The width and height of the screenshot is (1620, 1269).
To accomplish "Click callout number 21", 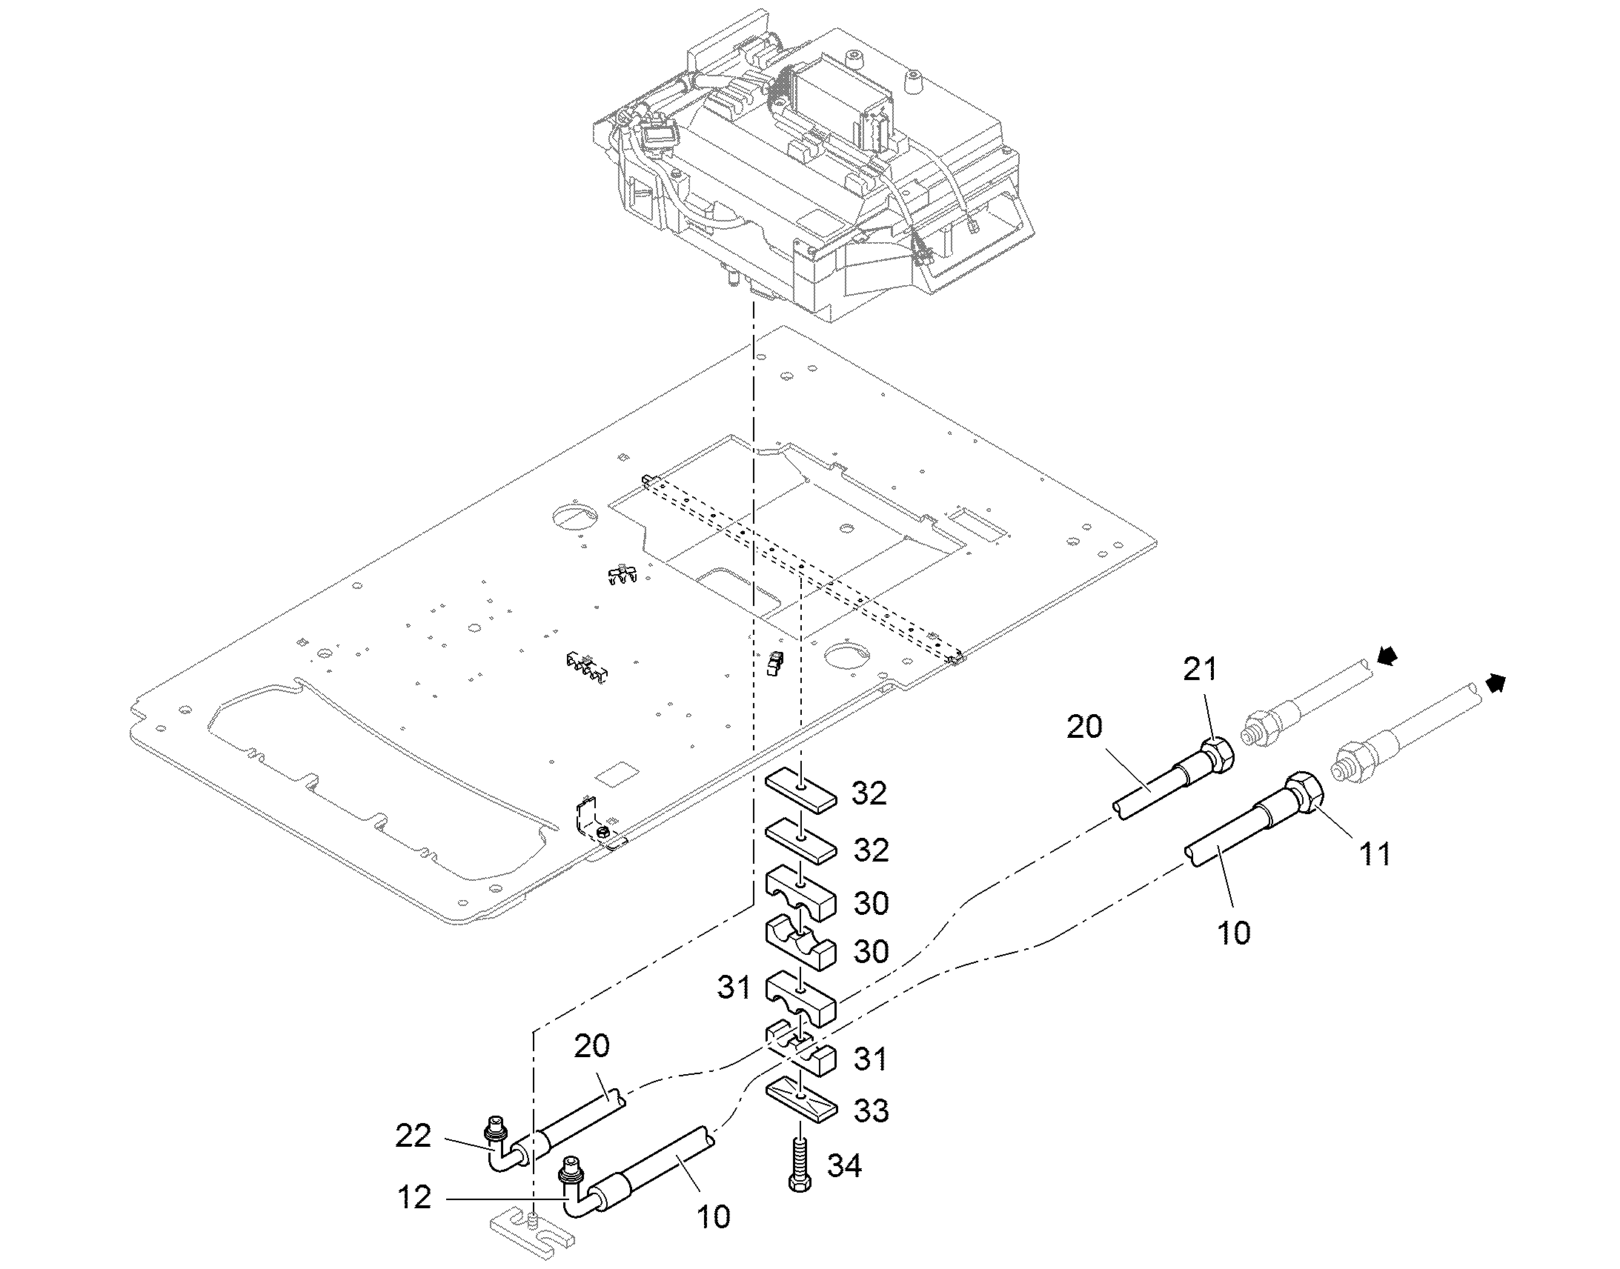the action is pyautogui.click(x=1200, y=670).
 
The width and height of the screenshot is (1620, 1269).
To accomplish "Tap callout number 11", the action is pyautogui.click(x=1374, y=854).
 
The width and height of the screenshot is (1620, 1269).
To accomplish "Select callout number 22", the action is pyautogui.click(x=413, y=1136).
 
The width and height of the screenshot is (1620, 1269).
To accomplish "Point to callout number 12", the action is pyautogui.click(x=414, y=1197).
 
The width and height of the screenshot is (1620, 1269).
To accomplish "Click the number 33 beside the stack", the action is pyautogui.click(x=871, y=1111).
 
